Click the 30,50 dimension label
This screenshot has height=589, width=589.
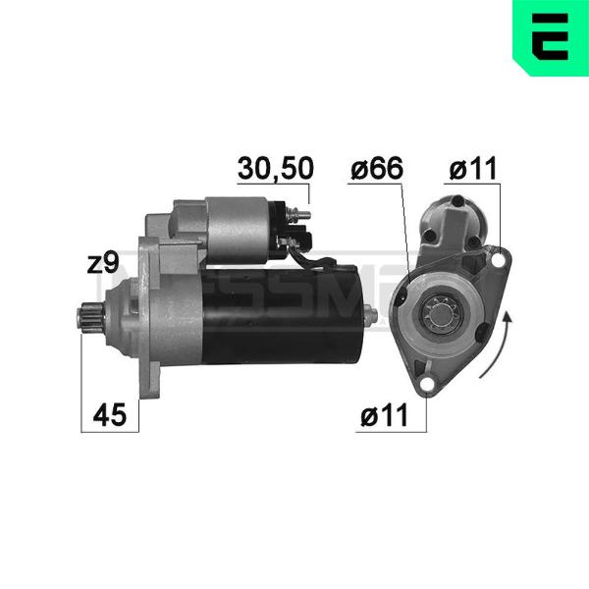tap(275, 168)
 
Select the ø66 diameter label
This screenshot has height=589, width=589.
tap(376, 168)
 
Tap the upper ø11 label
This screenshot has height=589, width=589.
tap(473, 168)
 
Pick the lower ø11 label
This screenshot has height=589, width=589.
tap(384, 415)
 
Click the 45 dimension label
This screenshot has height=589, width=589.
tap(110, 415)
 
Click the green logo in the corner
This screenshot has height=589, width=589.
tap(551, 38)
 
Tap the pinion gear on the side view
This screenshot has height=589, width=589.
tap(90, 319)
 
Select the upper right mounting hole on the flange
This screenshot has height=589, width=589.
tap(498, 259)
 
